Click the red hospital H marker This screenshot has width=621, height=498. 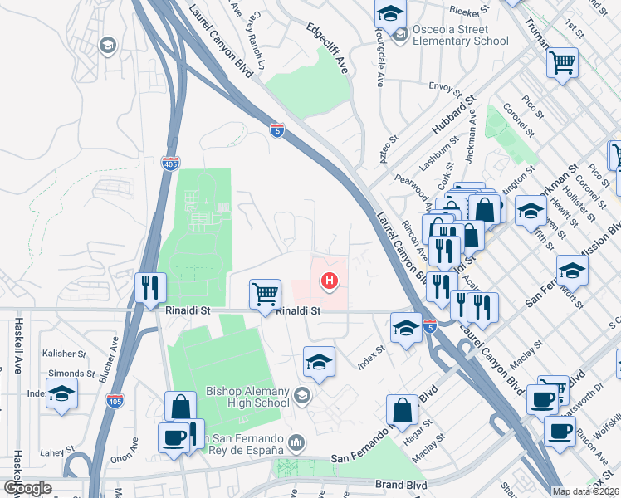330,282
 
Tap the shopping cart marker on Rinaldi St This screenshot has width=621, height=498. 265,293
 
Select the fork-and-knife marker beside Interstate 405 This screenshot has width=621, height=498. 150,287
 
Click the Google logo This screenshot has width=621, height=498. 27,488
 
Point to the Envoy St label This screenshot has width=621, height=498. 445,85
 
